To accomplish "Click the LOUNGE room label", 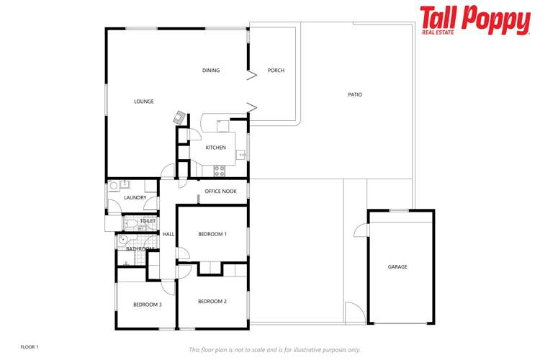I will click(x=144, y=102).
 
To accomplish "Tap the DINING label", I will click(x=211, y=71).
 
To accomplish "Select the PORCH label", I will click(x=276, y=71).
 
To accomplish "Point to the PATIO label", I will click(x=355, y=94).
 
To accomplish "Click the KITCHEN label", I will click(x=215, y=148).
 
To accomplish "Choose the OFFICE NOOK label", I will click(x=220, y=192).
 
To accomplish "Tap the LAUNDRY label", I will click(x=135, y=198).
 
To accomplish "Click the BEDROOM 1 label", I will click(x=212, y=234).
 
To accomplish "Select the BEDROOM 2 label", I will click(x=212, y=301).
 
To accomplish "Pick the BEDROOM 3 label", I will click(x=147, y=305).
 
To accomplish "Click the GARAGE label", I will click(x=397, y=267).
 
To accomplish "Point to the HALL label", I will click(x=168, y=234).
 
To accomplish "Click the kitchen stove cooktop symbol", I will click(x=220, y=171).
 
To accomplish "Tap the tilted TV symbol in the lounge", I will click(x=179, y=117).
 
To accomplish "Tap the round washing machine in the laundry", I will click(x=114, y=186).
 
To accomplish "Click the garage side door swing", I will click(x=361, y=230).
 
